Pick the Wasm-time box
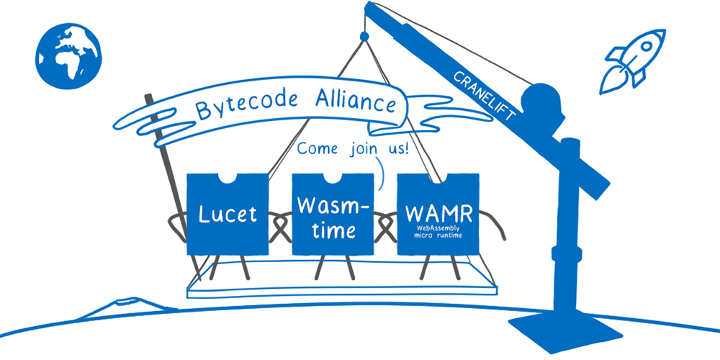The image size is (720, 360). (x=333, y=214)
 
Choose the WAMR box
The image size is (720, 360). (x=438, y=214)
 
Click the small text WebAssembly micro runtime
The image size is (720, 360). (x=438, y=231)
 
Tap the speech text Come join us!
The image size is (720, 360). (x=353, y=150)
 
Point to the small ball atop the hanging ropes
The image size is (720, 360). (x=364, y=35)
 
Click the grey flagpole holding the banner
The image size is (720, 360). (x=163, y=173)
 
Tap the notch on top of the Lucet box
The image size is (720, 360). (x=228, y=178)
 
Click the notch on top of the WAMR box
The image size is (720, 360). (x=438, y=178)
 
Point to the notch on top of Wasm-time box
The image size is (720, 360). (x=333, y=178)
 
